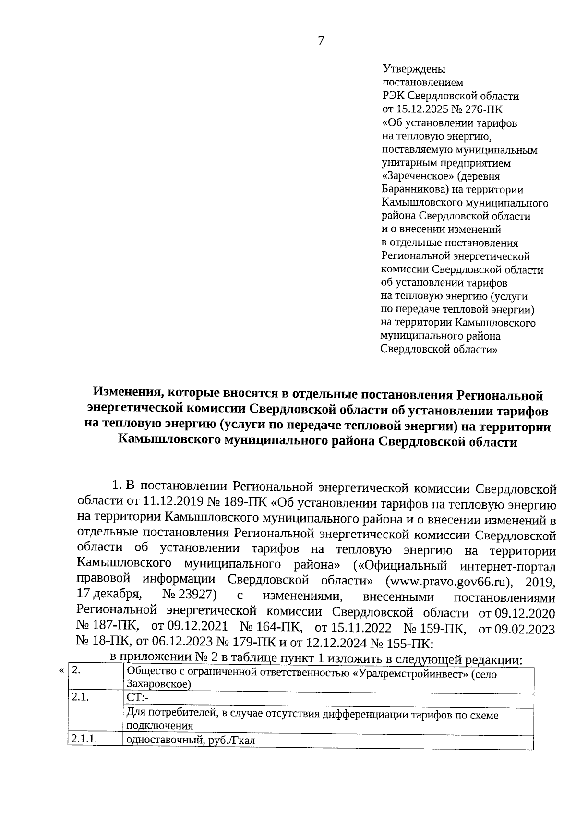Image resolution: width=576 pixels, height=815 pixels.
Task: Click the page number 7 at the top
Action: [321, 41]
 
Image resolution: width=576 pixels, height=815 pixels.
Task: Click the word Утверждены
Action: [414, 69]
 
